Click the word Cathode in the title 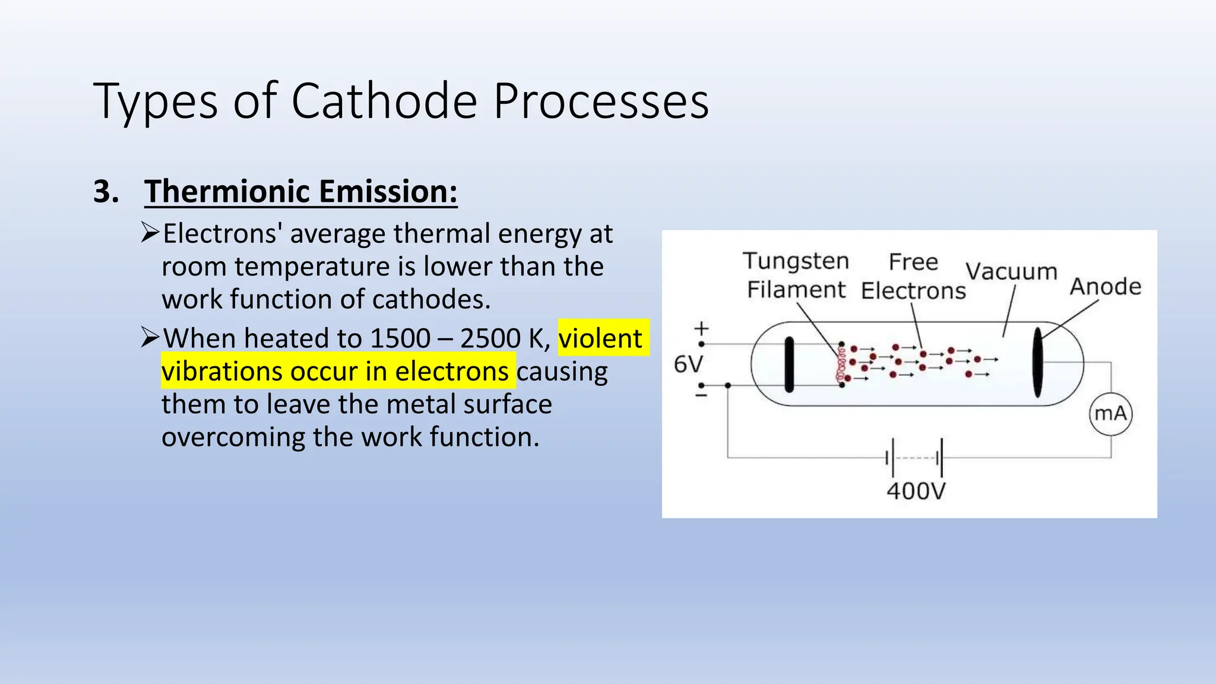(x=384, y=101)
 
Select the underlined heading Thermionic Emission (x=301, y=192)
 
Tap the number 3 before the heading (x=106, y=192)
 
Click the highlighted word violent (x=600, y=338)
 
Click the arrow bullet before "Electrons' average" (x=150, y=232)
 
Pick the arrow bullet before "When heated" (x=150, y=337)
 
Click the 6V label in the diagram (x=688, y=364)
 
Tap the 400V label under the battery (x=916, y=491)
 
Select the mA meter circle (x=1110, y=413)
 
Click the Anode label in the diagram (x=1106, y=287)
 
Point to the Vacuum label (x=1011, y=271)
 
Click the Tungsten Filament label (x=796, y=275)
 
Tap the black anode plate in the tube (x=1037, y=362)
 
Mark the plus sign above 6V (x=702, y=328)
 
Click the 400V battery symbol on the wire (x=914, y=458)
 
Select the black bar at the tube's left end (x=789, y=365)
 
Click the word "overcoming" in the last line (x=233, y=437)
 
